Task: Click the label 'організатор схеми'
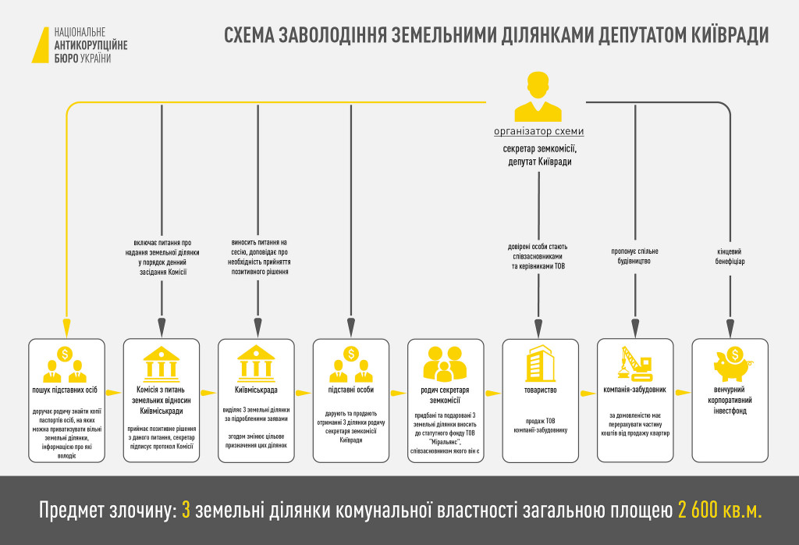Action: point(538,131)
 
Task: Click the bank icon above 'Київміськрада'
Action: point(256,362)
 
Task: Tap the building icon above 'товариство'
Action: point(539,363)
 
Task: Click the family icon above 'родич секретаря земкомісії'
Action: point(445,362)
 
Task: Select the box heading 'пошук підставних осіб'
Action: point(66,388)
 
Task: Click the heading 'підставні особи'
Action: point(351,388)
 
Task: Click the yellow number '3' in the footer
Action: point(186,511)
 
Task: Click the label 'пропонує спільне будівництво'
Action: point(634,256)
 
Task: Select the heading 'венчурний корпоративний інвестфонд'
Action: point(730,399)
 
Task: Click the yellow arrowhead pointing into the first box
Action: point(66,330)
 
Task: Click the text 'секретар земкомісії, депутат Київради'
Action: point(538,155)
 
